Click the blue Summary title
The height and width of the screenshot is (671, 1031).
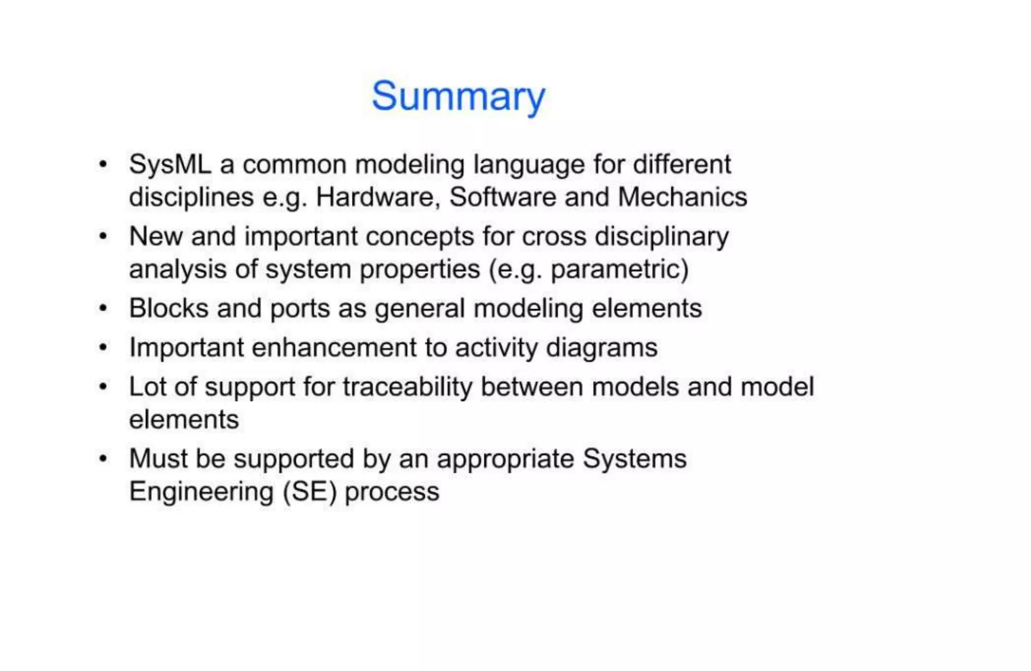coord(458,96)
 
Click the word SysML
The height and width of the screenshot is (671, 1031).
coord(170,165)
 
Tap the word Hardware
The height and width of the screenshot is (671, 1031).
coord(375,197)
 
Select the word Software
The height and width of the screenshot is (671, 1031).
coord(502,197)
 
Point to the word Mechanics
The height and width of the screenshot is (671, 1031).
coord(682,197)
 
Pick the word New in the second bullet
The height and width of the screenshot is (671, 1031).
coord(156,236)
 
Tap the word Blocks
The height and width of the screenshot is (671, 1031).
coord(169,308)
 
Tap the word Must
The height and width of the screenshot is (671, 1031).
coord(159,459)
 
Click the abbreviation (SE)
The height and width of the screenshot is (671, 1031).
coord(309,492)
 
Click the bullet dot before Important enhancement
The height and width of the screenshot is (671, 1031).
coord(103,347)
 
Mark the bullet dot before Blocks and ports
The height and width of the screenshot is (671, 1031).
coord(103,308)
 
